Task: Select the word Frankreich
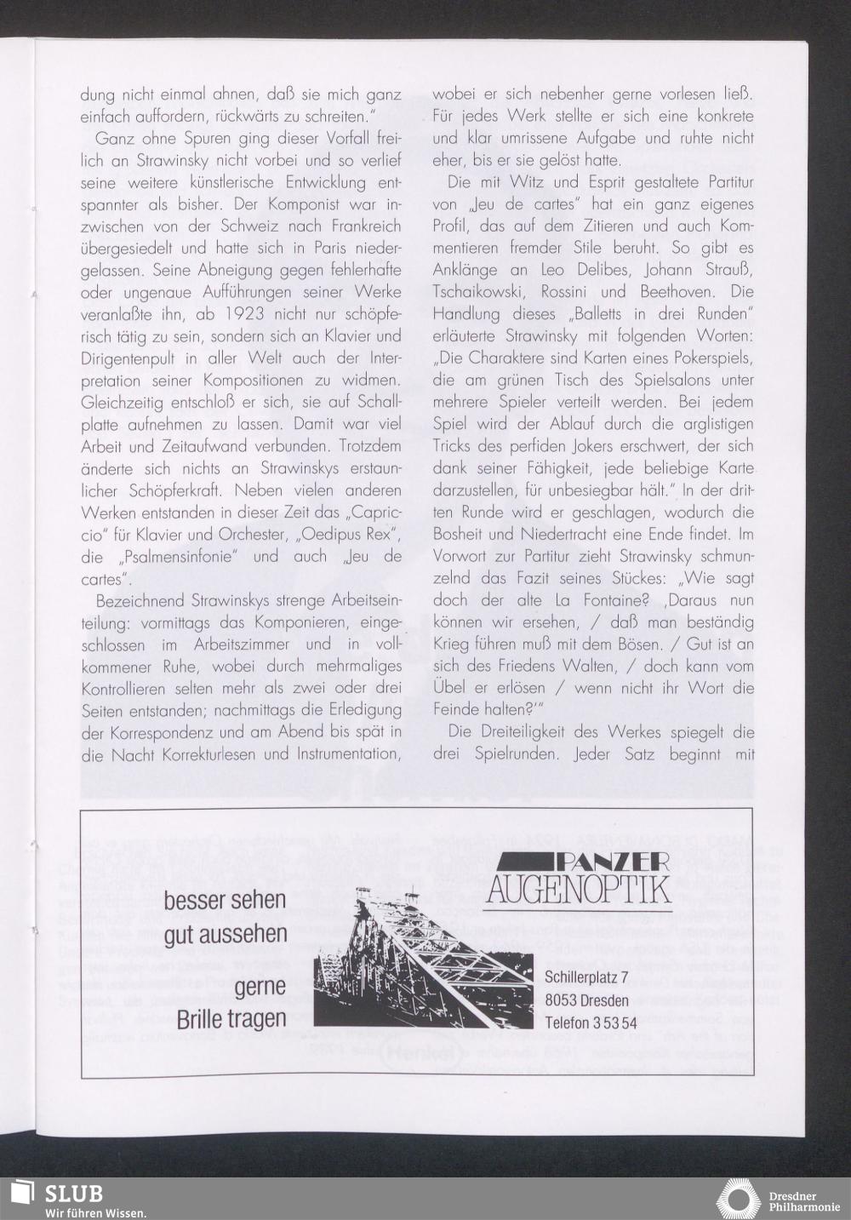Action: point(359,226)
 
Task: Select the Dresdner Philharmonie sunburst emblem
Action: point(739,1199)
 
